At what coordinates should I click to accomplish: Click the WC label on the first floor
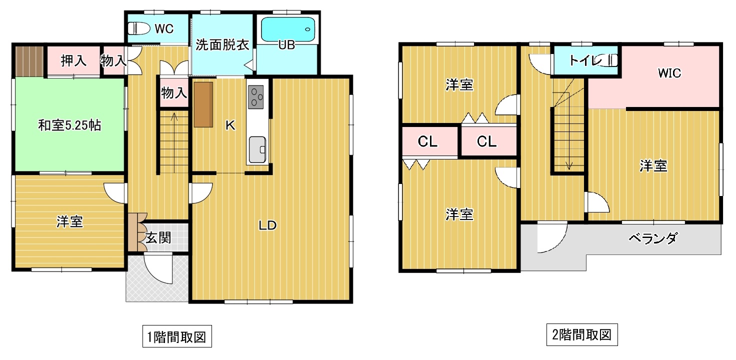pos(164,29)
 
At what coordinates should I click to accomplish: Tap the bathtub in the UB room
pos(288,29)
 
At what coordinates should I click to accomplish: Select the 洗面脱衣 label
pos(222,45)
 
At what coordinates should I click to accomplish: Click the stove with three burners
pos(255,97)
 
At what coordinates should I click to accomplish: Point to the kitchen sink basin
pos(257,149)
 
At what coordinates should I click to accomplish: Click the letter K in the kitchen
pos(230,125)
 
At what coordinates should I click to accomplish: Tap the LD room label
pos(267,225)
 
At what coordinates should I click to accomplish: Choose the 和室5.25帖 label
pos(69,125)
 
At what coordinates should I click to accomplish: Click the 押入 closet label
pos(73,61)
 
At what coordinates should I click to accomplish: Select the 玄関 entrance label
pos(158,237)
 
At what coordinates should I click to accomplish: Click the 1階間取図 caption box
pos(177,336)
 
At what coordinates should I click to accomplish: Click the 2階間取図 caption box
pos(582,334)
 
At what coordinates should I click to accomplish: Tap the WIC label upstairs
pos(669,73)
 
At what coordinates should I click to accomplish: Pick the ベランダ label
pos(653,238)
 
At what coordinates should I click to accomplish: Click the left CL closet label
pos(427,141)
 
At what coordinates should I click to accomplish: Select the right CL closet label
pos(486,141)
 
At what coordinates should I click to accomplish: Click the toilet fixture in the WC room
pos(138,28)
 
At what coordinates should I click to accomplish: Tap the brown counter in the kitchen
pos(203,104)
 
